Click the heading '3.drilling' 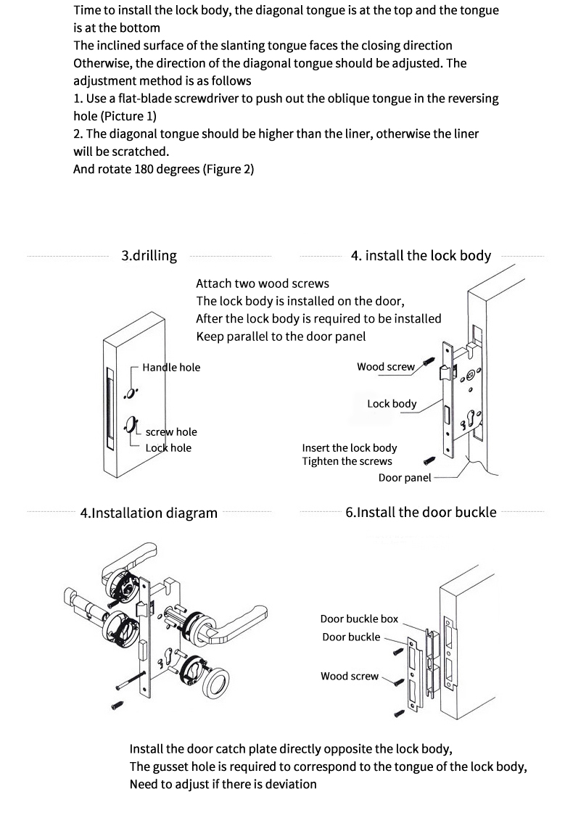tap(149, 256)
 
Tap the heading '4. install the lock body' tap(421, 256)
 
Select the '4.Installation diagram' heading tap(149, 513)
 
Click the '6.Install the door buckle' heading tap(421, 513)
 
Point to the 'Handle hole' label tap(171, 368)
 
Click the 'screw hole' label tap(171, 431)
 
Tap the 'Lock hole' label tap(168, 448)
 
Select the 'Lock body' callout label tap(392, 404)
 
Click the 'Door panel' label tap(405, 478)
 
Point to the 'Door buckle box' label tap(359, 619)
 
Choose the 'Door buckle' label tap(351, 637)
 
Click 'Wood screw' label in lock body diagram tap(386, 367)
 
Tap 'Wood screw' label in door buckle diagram tap(350, 677)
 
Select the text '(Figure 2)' tap(228, 169)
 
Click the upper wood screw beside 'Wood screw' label tap(429, 363)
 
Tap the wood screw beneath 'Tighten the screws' tap(429, 460)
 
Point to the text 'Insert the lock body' tap(350, 448)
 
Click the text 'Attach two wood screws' tap(262, 284)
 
